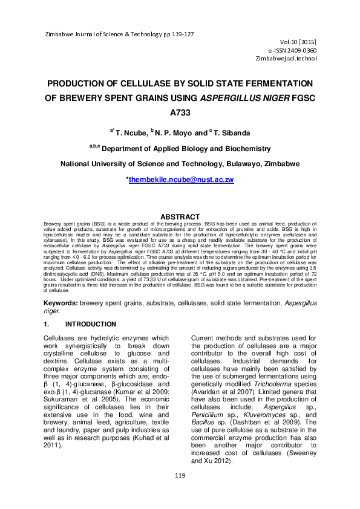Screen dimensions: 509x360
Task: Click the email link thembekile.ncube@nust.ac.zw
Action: tap(182, 180)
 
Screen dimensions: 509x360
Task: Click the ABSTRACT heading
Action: tap(179, 217)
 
